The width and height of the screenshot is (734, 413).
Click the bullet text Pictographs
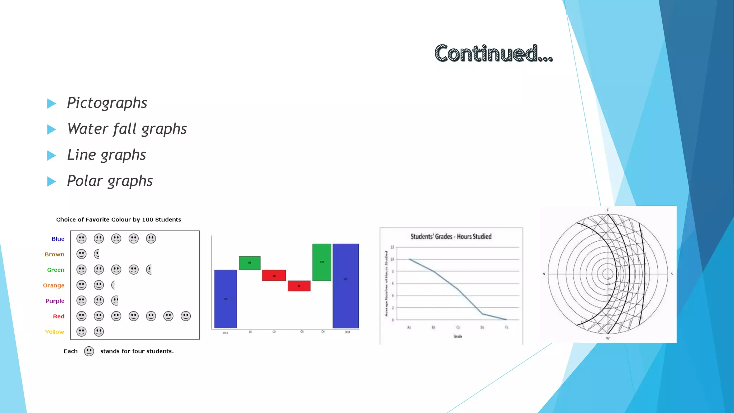(107, 103)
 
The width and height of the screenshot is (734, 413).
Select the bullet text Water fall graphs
(127, 129)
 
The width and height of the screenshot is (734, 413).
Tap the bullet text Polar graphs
(110, 181)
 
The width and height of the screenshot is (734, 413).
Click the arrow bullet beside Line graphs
(52, 156)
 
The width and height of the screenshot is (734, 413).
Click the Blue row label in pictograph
(58, 239)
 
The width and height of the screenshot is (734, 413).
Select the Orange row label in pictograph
(54, 285)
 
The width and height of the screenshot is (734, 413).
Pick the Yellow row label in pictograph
(54, 332)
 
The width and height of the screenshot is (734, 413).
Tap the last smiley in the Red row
(186, 316)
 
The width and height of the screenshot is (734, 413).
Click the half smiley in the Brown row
(97, 254)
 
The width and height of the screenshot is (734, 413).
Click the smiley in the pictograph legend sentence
(89, 351)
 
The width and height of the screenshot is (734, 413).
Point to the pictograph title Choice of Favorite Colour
(119, 219)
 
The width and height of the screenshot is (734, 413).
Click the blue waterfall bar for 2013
(225, 299)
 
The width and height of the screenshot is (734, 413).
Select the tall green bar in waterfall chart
(321, 262)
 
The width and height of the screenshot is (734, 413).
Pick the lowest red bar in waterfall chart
(299, 286)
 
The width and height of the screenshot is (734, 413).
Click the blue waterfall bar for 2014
(345, 286)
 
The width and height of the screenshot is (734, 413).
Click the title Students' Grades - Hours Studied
(451, 237)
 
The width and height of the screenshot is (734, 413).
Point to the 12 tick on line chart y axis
(392, 247)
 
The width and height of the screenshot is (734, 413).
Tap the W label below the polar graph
(607, 338)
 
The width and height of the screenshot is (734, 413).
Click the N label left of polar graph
(544, 274)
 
